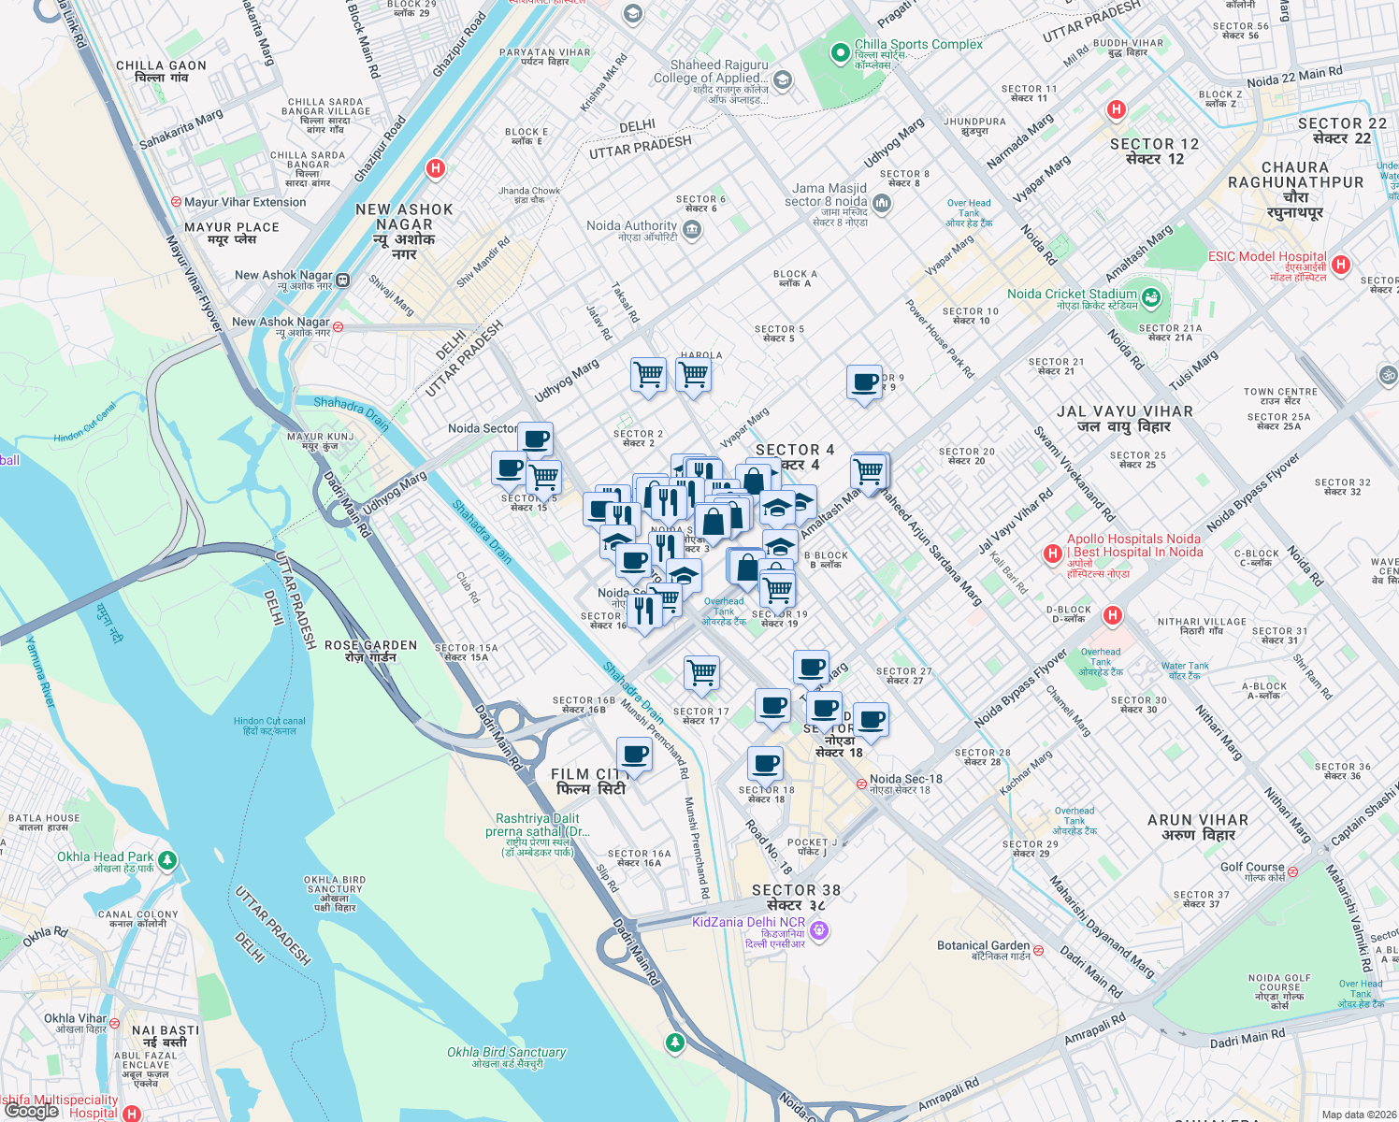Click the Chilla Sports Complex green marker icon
click(840, 53)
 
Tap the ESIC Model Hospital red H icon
click(1341, 265)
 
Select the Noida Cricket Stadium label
click(1072, 295)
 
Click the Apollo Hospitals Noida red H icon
click(1053, 554)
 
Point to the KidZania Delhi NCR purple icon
click(819, 929)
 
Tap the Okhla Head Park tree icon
click(167, 860)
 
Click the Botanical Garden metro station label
click(983, 946)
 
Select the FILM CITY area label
click(588, 782)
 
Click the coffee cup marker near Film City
click(634, 754)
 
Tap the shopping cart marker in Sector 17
click(701, 671)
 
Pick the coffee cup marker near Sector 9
click(864, 381)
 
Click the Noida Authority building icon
click(691, 231)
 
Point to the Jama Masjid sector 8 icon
click(881, 203)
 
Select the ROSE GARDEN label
click(370, 651)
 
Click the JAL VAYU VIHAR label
click(1124, 418)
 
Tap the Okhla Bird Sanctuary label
click(506, 1053)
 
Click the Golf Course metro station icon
click(1292, 871)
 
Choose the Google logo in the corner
click(31, 1110)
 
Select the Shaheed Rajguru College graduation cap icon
click(782, 79)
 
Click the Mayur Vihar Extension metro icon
click(175, 202)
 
